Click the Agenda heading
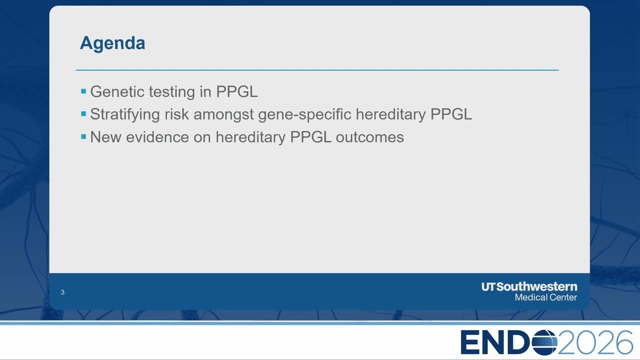pos(112,43)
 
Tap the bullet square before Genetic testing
pos(83,91)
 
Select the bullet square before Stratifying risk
pos(83,114)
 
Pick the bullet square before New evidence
pos(83,137)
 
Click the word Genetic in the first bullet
pos(117,91)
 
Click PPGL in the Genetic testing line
pos(237,91)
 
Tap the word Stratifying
pos(125,115)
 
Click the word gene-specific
pos(304,115)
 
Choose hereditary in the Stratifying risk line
pos(390,115)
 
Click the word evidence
pos(157,137)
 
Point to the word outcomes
pos(369,137)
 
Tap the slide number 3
pos(62,292)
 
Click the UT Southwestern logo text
pos(529,287)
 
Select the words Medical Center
pos(546,297)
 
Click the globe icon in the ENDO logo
pos(544,342)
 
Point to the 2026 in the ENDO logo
pos(595,342)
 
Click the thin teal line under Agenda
pos(317,69)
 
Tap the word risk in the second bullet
pos(176,114)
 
